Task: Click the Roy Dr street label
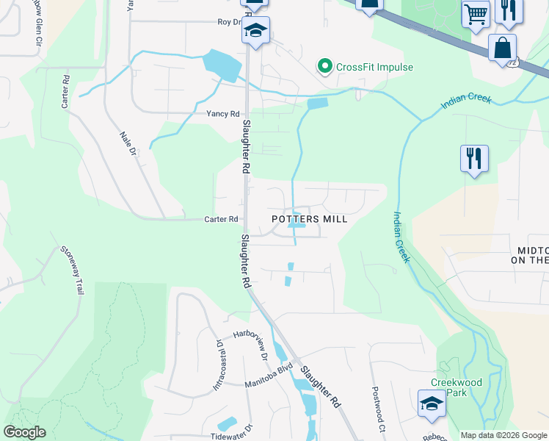[x=229, y=22]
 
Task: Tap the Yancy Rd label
[x=223, y=114]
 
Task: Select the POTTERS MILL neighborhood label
[x=309, y=219]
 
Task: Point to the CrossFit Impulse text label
[x=374, y=68]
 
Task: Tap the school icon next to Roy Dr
[x=255, y=31]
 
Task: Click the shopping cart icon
[x=476, y=13]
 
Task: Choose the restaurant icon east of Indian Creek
[x=474, y=158]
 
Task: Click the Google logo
[x=24, y=432]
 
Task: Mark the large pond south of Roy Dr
[x=225, y=65]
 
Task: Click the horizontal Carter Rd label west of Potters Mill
[x=221, y=219]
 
